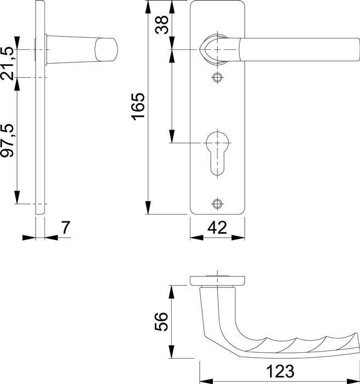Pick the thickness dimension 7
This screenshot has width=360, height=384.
point(65,227)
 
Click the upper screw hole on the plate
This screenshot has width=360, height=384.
point(218,77)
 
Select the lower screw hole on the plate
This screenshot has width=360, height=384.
point(218,204)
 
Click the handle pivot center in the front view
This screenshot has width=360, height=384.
point(218,49)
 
